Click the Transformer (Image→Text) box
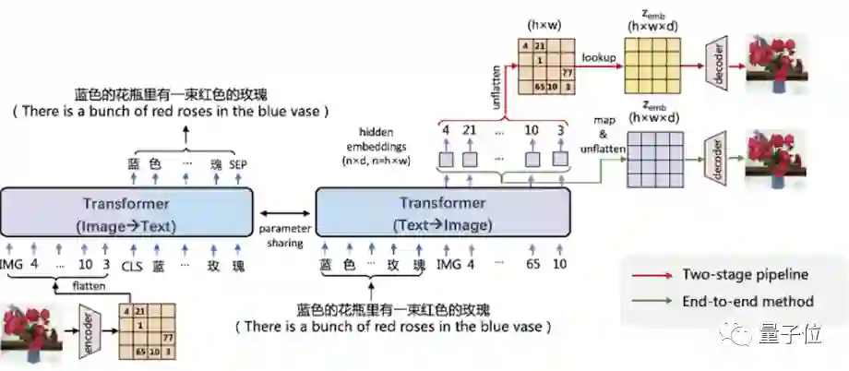[x=126, y=213]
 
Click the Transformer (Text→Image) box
[x=442, y=213]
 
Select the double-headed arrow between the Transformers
[x=284, y=210]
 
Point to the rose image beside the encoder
[x=30, y=331]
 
